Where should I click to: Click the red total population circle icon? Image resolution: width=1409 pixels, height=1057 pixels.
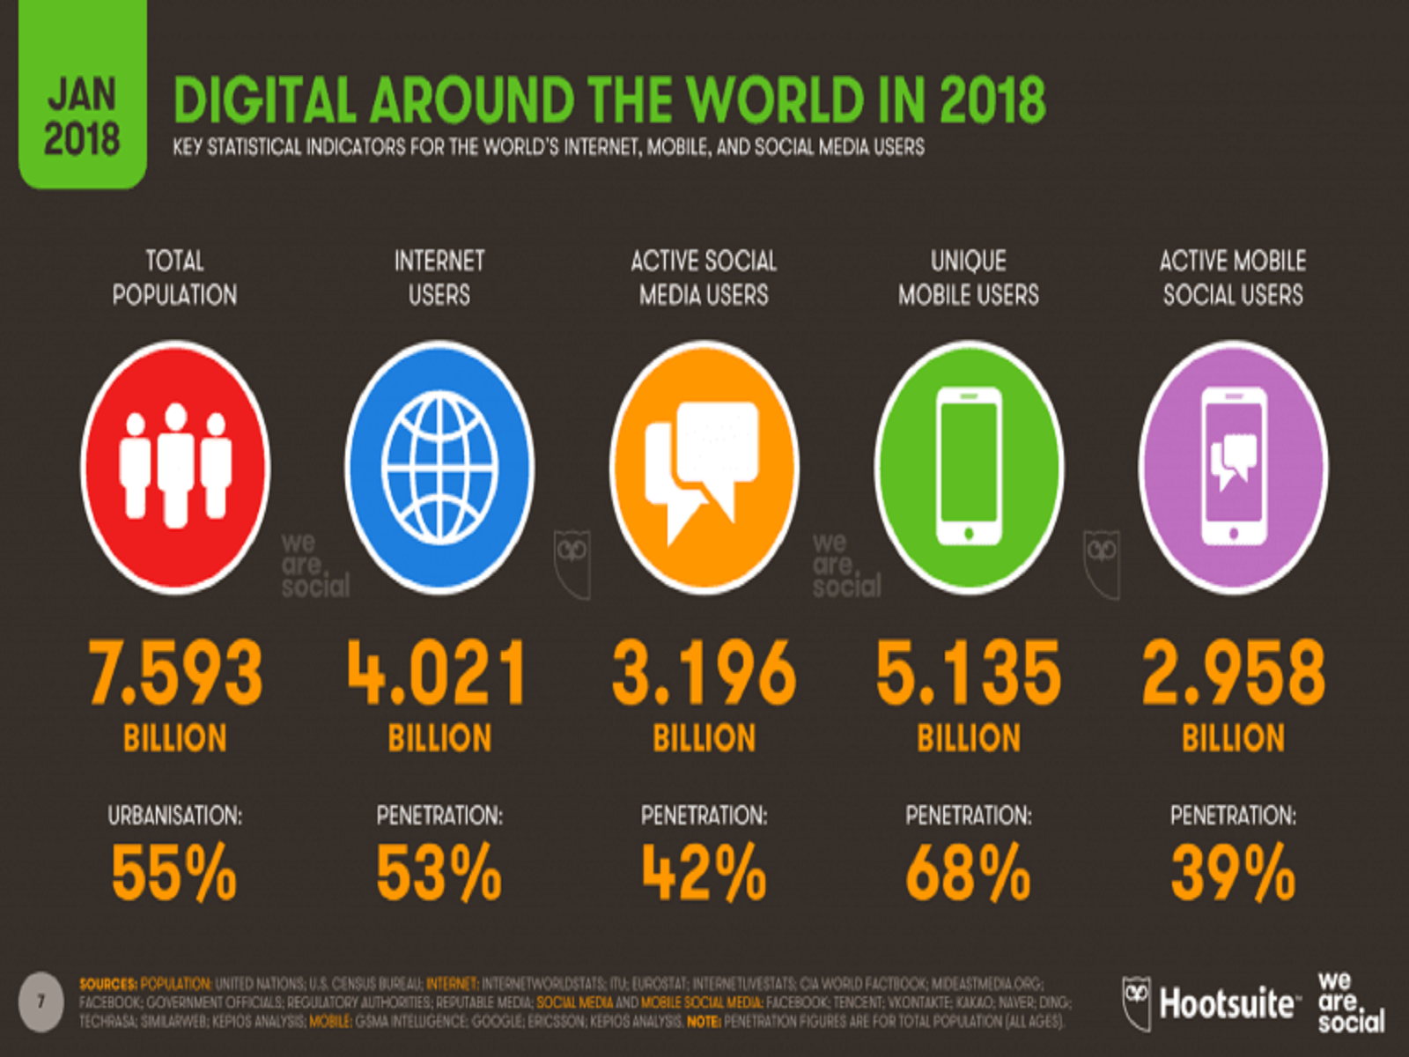click(x=175, y=467)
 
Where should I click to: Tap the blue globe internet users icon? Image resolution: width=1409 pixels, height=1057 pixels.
click(x=439, y=467)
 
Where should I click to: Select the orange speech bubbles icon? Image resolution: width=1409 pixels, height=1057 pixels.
click(x=704, y=467)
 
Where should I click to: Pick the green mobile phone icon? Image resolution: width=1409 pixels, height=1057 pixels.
click(x=969, y=467)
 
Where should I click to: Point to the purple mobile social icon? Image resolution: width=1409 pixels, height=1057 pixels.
click(x=1233, y=467)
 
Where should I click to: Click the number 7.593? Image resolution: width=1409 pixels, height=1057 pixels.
click(x=175, y=674)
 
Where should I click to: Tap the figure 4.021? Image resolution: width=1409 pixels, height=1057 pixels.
click(x=438, y=674)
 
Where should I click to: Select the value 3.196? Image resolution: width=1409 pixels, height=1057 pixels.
click(x=704, y=674)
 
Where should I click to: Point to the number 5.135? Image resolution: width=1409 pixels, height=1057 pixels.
click(x=969, y=674)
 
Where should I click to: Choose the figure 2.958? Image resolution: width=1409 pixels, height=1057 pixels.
click(x=1233, y=674)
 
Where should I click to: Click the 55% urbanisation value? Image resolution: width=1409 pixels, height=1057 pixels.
click(x=174, y=873)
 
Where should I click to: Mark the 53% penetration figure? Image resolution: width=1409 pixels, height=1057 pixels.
click(x=439, y=873)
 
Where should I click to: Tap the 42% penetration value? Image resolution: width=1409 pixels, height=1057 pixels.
click(x=704, y=873)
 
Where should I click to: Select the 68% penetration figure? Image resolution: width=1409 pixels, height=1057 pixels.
click(x=968, y=873)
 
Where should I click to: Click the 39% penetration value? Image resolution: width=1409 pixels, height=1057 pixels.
click(x=1233, y=873)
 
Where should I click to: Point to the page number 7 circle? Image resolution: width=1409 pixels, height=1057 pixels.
click(x=41, y=1002)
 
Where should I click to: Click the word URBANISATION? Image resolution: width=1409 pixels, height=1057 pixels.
click(x=174, y=816)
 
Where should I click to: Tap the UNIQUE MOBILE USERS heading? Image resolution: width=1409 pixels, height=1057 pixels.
click(x=969, y=277)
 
